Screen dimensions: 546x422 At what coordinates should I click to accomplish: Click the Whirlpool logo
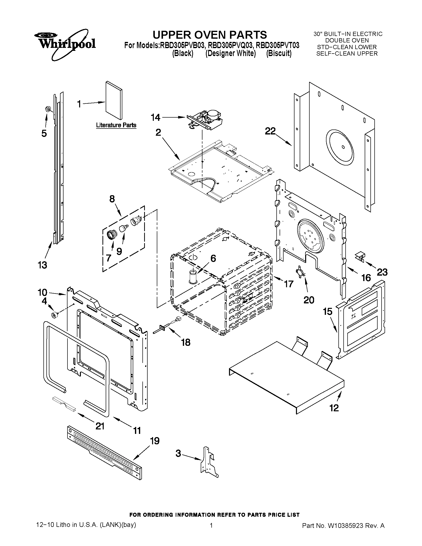[x=65, y=43]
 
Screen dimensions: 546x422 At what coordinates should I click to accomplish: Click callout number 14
[x=155, y=117]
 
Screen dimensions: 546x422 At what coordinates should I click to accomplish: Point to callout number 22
[x=270, y=131]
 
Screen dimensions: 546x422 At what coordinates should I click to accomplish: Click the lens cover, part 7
[x=111, y=234]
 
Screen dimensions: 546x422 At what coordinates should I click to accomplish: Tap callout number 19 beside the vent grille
[x=155, y=441]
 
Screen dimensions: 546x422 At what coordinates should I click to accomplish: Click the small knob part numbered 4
[x=54, y=315]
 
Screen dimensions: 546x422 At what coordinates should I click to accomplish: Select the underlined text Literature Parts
[x=116, y=125]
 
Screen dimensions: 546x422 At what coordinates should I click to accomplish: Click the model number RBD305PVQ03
[x=229, y=46]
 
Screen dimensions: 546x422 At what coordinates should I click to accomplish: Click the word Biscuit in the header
[x=279, y=54]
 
